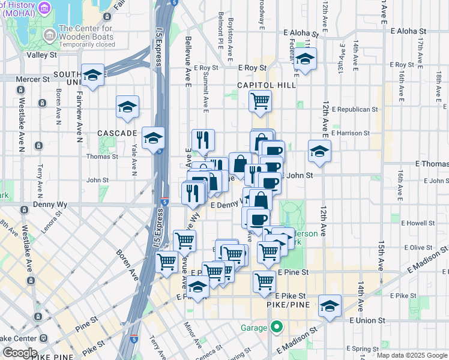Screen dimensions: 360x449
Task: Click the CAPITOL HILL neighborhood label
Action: [267, 85]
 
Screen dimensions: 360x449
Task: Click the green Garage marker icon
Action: [276, 328]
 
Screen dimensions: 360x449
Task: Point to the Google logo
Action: [19, 353]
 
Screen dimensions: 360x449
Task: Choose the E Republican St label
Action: [358, 110]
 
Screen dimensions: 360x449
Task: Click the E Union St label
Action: [367, 320]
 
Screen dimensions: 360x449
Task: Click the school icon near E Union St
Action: [329, 306]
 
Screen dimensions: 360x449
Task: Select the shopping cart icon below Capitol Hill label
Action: [260, 101]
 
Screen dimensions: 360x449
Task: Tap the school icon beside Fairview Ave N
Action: [93, 75]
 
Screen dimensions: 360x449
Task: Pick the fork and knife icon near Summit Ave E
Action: [203, 140]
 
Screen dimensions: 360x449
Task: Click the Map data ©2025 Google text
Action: [412, 355]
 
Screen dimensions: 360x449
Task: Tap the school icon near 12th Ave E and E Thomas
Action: [319, 151]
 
